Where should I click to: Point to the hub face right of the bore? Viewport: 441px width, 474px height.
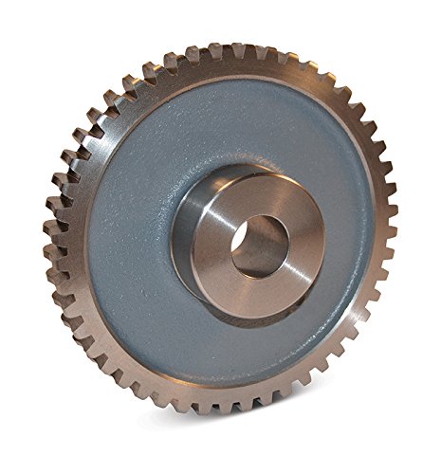[x=305, y=237]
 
